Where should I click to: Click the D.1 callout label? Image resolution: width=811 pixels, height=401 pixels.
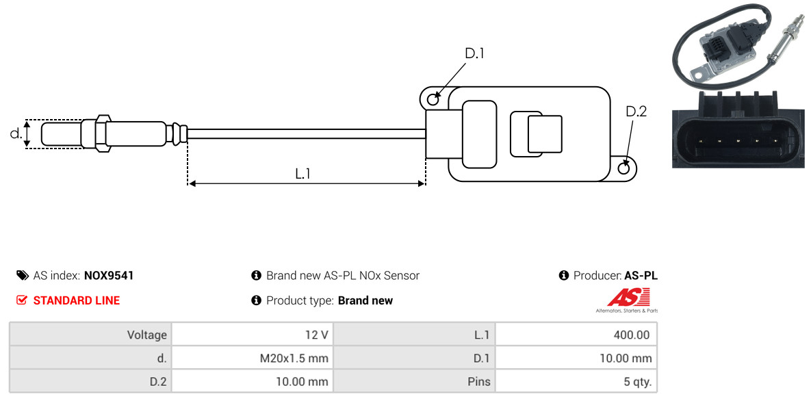474,53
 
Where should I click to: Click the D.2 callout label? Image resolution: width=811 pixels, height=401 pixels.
636,112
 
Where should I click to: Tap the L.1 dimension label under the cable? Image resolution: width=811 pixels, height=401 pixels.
302,174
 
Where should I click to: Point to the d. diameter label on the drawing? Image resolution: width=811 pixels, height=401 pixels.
16,133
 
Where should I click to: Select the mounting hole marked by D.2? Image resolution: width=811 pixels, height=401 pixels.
624,168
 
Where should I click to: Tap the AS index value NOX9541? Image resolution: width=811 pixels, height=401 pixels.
109,276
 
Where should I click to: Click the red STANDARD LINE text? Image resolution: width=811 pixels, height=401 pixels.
77,300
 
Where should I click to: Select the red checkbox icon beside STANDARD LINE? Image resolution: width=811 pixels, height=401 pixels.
21,300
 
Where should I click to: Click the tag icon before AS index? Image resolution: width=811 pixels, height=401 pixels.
22,275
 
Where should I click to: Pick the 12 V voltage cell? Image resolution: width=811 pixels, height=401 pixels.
253,335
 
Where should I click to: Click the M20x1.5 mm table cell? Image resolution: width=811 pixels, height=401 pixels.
253,358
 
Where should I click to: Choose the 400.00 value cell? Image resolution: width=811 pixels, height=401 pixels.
576,335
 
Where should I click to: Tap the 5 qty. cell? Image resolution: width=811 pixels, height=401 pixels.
576,382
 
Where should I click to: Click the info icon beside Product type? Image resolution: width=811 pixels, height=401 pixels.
256,300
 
